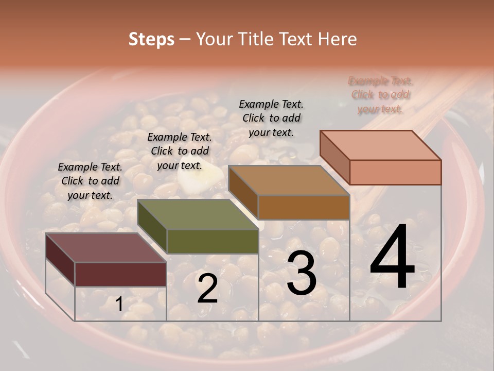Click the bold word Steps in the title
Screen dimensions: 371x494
pyautogui.click(x=151, y=39)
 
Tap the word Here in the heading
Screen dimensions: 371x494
pyautogui.click(x=337, y=39)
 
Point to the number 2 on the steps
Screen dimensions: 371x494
pyautogui.click(x=207, y=289)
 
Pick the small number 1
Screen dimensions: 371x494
pyautogui.click(x=119, y=305)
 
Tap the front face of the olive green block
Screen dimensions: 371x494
pyautogui.click(x=213, y=241)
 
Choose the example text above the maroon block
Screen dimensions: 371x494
pyautogui.click(x=90, y=181)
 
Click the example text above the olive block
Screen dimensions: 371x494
pyautogui.click(x=180, y=151)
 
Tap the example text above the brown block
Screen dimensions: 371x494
pyautogui.click(x=271, y=119)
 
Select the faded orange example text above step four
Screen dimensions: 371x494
pyautogui.click(x=380, y=95)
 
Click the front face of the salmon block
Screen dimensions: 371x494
pyautogui.click(x=395, y=172)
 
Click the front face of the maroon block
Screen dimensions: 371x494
pyautogui.click(x=120, y=274)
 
